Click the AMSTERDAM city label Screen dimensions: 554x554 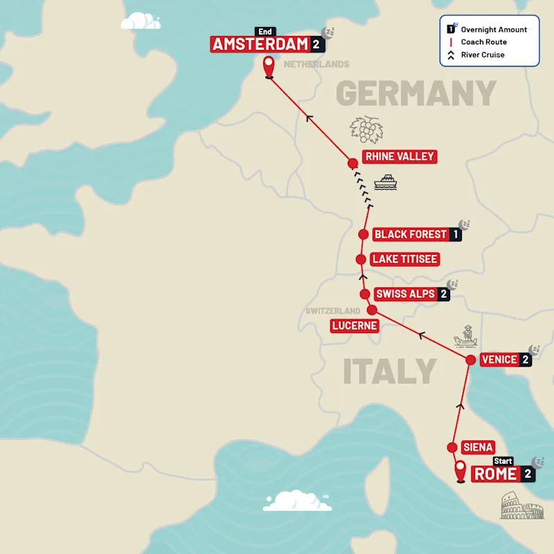click(x=260, y=44)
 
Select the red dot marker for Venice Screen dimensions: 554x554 click(x=470, y=360)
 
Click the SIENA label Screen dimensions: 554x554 click(x=477, y=447)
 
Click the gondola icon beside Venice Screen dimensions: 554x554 click(x=466, y=337)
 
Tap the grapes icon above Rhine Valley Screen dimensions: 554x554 click(x=366, y=129)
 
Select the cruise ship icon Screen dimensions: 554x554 click(x=386, y=182)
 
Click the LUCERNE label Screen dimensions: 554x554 click(x=354, y=325)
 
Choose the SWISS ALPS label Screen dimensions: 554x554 click(x=406, y=294)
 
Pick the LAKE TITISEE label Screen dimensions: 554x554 click(x=404, y=259)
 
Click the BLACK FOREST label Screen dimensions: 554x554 click(x=411, y=234)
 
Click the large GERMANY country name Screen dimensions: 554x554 click(x=416, y=93)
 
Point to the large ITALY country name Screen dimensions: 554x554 click(x=390, y=372)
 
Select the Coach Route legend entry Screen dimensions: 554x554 click(x=483, y=42)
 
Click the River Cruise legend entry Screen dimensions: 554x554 click(x=483, y=55)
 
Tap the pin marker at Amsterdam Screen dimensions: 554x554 click(x=268, y=68)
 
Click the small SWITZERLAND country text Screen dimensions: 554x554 click(x=333, y=311)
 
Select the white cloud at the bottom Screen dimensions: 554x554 click(x=297, y=501)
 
